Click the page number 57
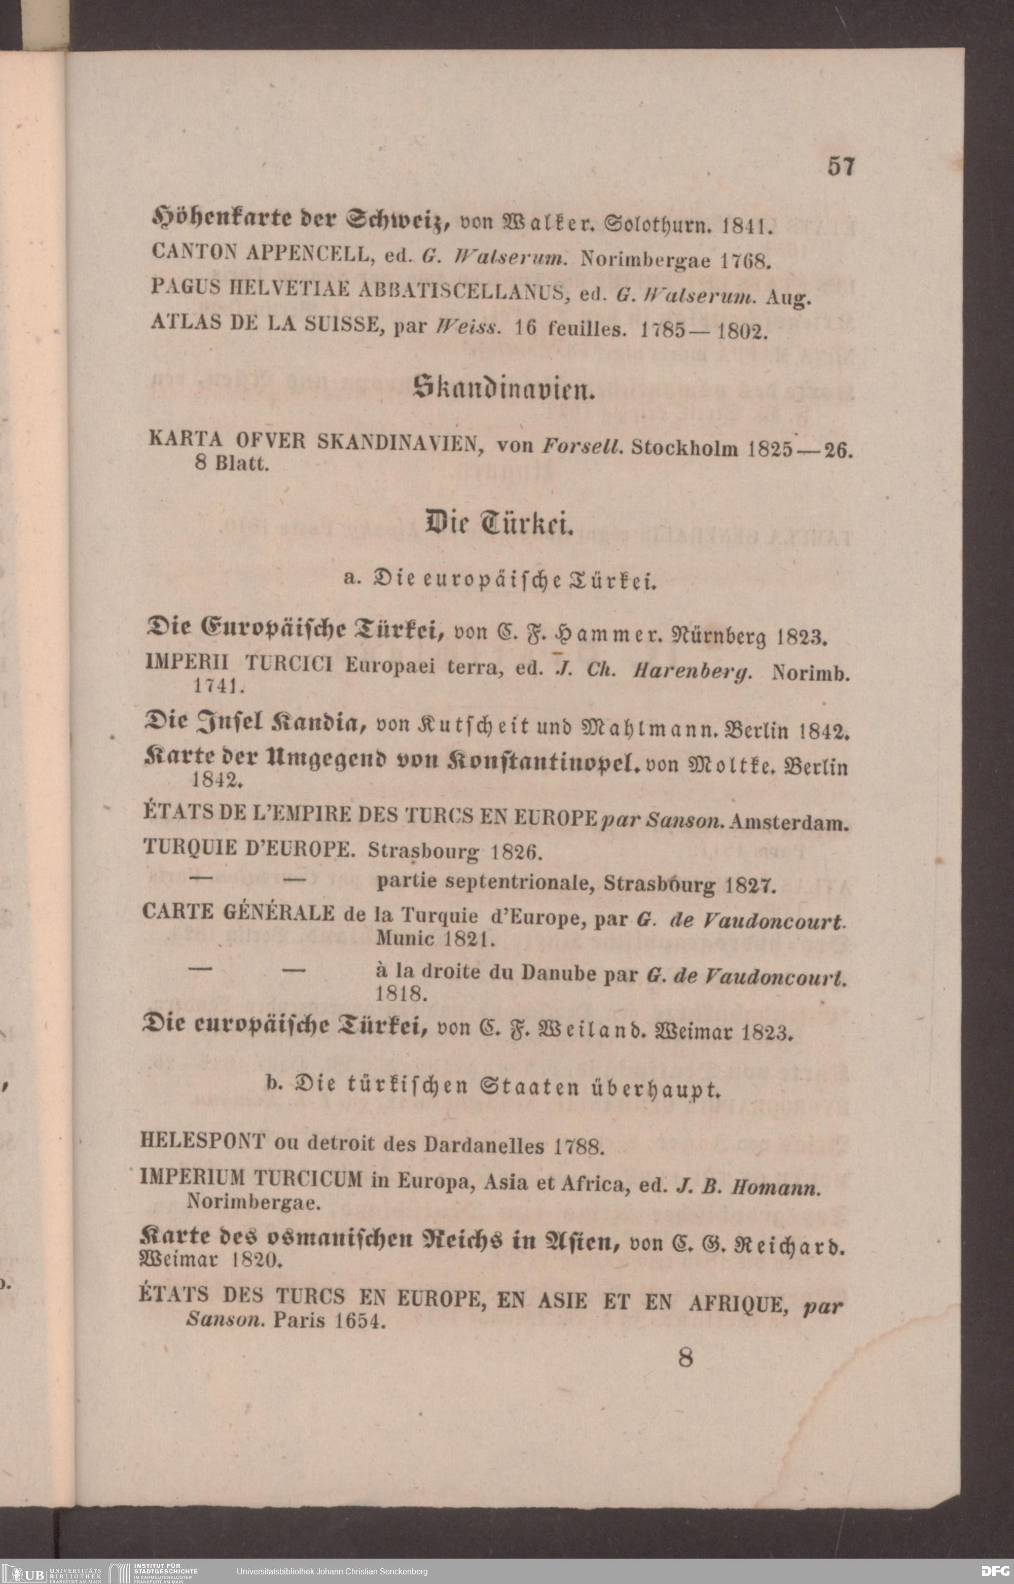click(841, 166)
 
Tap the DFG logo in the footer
click(994, 1571)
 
